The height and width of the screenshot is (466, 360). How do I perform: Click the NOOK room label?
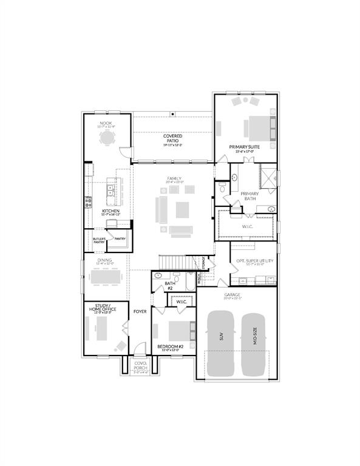pos(106,123)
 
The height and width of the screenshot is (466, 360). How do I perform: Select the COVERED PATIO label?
pos(172,138)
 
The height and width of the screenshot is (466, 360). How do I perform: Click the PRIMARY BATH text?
pos(250,196)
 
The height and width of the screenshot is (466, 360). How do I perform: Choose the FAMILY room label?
pos(174,179)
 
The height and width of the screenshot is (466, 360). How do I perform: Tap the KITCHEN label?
pos(110,211)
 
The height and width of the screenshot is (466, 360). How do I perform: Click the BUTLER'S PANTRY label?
pos(99,241)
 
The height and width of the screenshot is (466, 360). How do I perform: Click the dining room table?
pos(107,276)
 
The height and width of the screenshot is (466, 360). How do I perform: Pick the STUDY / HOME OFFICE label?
pos(102,308)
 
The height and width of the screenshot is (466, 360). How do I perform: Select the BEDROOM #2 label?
pos(171,348)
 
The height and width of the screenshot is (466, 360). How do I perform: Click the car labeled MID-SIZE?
pos(254,343)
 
